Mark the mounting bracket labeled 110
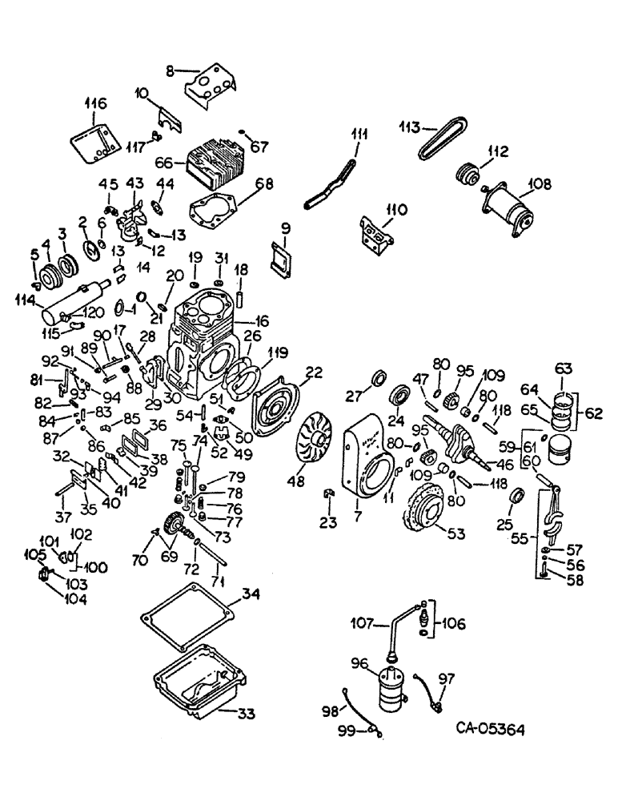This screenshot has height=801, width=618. (378, 232)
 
